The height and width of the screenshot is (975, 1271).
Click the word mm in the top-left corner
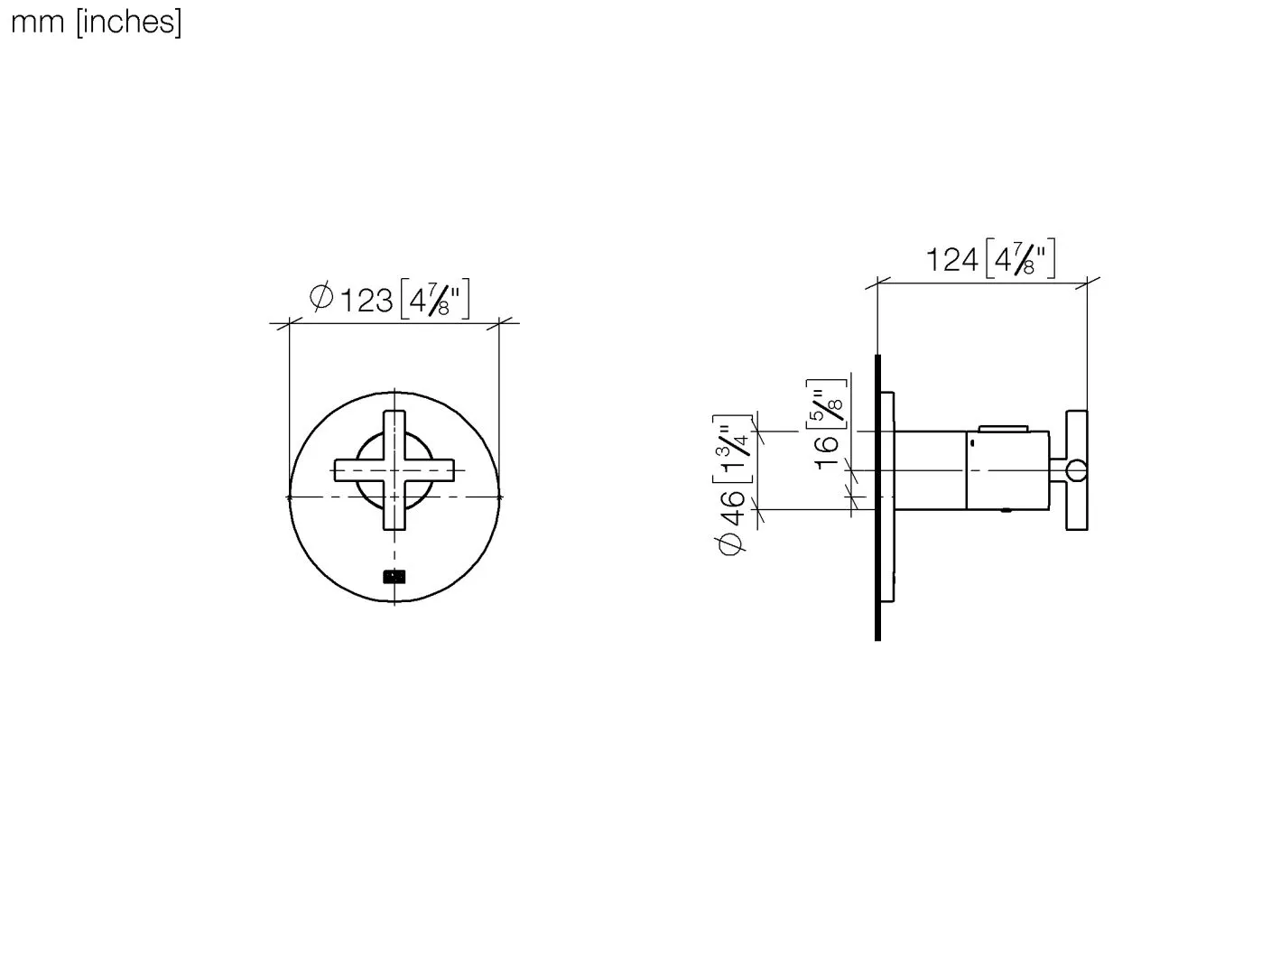[37, 22]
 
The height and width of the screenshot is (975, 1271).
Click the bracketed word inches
[129, 22]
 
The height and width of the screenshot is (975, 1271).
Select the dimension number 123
[366, 299]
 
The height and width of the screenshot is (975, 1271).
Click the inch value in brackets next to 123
[434, 299]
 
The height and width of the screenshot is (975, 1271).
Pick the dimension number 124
[951, 260]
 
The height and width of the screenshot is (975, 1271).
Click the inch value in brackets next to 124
[1020, 259]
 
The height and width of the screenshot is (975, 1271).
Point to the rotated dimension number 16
[828, 451]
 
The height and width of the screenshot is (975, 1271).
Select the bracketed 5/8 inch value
[829, 400]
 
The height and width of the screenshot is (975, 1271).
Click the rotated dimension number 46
[734, 507]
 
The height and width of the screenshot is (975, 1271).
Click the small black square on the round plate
[394, 576]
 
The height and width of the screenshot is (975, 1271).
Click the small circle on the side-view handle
[1076, 470]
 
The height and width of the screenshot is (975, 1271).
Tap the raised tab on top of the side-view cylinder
[1003, 427]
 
